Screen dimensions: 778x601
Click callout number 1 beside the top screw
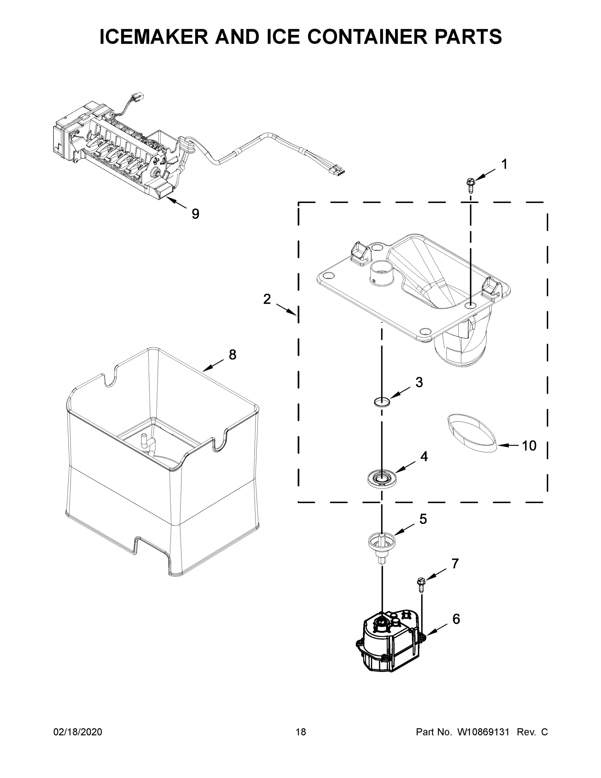coord(504,165)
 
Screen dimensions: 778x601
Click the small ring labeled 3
coord(382,402)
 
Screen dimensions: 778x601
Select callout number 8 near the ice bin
coord(232,355)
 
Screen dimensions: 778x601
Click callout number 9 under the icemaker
coord(195,214)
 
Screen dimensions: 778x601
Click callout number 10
coord(529,446)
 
